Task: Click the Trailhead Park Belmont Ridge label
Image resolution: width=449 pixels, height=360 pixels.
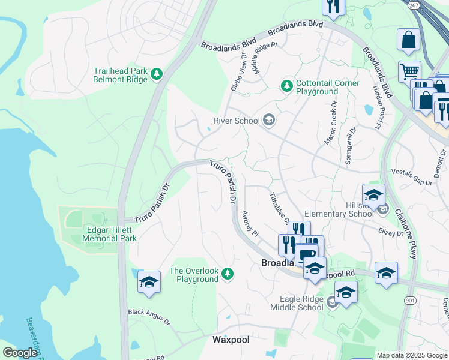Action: coord(120,74)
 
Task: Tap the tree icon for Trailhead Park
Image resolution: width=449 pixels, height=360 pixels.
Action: coord(157,74)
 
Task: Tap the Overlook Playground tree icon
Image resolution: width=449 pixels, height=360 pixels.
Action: coord(227,274)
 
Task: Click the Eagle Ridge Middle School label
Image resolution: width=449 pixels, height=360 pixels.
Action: coord(301,304)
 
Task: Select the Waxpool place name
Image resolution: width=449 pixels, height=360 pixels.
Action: coord(231,340)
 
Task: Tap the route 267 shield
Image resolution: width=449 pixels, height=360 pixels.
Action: coord(413,5)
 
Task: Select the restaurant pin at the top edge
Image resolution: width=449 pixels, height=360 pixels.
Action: coord(333,7)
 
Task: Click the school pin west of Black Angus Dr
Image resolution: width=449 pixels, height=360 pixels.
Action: coord(149,283)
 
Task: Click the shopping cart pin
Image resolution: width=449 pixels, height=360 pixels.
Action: coord(409,71)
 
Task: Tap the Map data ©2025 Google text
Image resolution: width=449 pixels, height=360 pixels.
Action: coord(412,355)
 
